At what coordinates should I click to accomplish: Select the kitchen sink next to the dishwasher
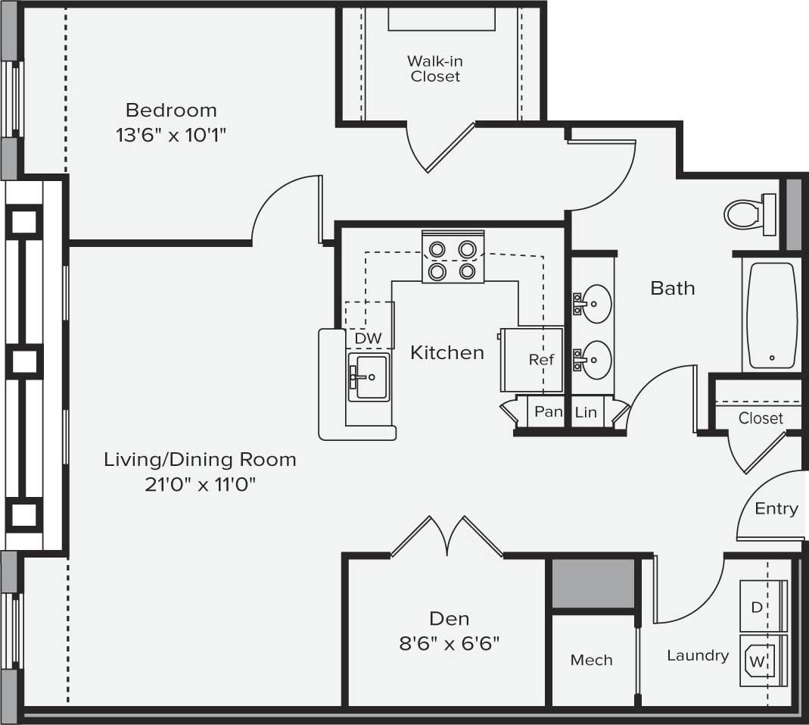pyautogui.click(x=369, y=377)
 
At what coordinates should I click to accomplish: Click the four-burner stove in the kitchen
pyautogui.click(x=453, y=260)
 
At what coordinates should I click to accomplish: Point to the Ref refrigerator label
pyautogui.click(x=541, y=360)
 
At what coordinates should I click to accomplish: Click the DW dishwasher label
pyautogui.click(x=369, y=338)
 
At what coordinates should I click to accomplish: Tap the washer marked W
pyautogui.click(x=762, y=661)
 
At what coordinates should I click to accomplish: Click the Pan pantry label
pyautogui.click(x=549, y=411)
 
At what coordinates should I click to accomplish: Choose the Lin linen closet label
pyautogui.click(x=586, y=412)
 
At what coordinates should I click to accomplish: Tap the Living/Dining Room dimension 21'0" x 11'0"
pyautogui.click(x=201, y=484)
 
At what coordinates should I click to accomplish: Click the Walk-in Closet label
pyautogui.click(x=434, y=68)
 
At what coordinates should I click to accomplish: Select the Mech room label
pyautogui.click(x=591, y=660)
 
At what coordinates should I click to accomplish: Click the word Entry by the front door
pyautogui.click(x=776, y=508)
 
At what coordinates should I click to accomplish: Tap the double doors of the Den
pyautogui.click(x=447, y=536)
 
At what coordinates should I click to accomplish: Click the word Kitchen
pyautogui.click(x=447, y=352)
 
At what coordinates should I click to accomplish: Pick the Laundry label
pyautogui.click(x=697, y=655)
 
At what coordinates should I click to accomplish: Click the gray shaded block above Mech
pyautogui.click(x=592, y=583)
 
